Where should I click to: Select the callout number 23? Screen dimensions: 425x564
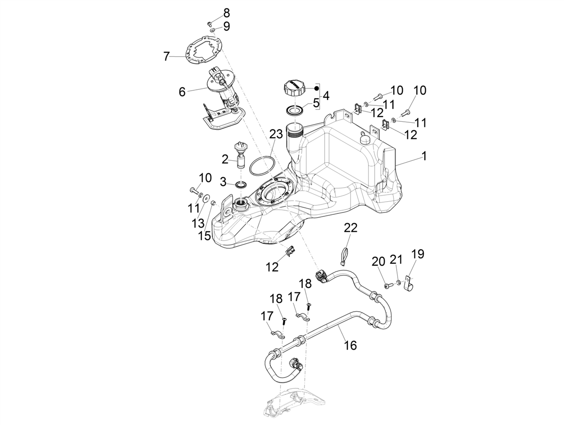click(276, 134)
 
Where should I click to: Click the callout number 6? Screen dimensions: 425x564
click(182, 92)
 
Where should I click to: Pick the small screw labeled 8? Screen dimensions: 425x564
click(209, 23)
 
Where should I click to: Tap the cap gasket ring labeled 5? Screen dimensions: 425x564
click(295, 110)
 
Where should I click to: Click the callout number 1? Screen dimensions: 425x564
click(424, 156)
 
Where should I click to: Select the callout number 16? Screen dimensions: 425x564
click(350, 346)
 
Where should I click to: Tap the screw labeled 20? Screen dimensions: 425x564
click(387, 285)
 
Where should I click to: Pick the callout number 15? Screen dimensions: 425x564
click(204, 236)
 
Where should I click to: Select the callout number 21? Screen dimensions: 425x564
click(397, 260)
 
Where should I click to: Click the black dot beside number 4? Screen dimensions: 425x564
click(317, 88)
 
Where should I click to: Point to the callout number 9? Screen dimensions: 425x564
click(226, 26)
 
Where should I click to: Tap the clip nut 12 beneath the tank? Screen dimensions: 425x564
click(291, 252)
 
